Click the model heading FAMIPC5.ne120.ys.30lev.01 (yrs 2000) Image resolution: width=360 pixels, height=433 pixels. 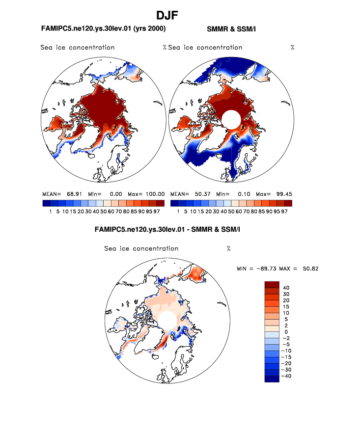coord(107,29)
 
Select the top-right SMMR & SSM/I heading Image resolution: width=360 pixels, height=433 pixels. coord(231,29)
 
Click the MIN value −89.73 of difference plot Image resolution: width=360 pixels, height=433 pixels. coord(266,269)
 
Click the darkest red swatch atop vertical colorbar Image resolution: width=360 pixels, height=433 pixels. coord(272,285)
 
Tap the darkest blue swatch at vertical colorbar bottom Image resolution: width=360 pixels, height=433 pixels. coord(272,379)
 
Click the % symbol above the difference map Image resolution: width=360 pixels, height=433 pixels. coord(228,248)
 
